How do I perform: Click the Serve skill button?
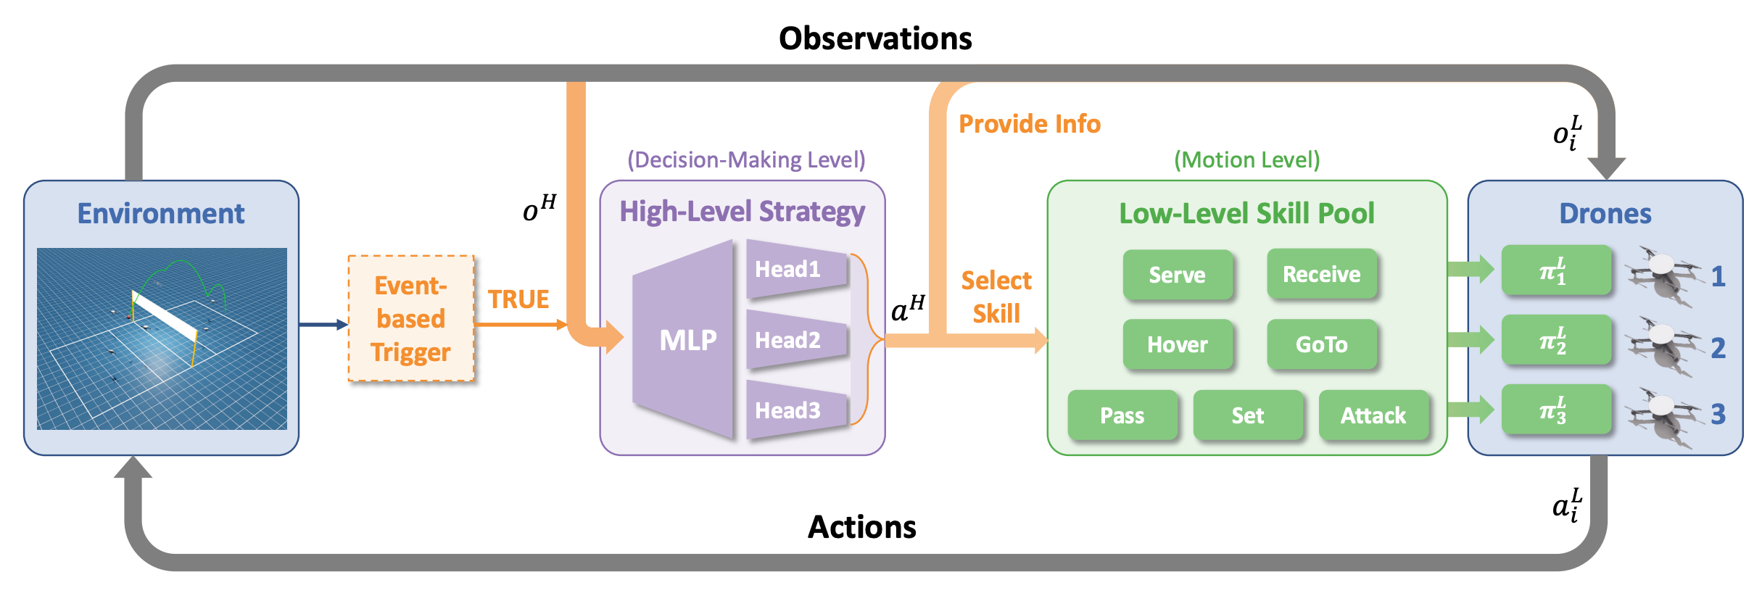pos(1177,275)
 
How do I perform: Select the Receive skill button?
pos(1321,274)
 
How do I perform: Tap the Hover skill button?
pos(1177,344)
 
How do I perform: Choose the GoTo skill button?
pos(1321,344)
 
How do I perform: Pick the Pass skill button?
pos(1122,415)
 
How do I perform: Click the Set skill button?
pos(1247,415)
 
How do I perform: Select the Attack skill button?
pos(1373,415)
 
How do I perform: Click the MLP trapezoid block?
pos(685,340)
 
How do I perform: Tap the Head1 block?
pos(794,270)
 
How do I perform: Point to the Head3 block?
pos(794,410)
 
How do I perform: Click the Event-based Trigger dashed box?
pos(411,319)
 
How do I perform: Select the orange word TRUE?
pos(518,299)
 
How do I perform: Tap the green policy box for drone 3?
pos(1555,411)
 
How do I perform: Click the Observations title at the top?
pos(875,38)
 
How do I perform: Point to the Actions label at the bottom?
pos(861,527)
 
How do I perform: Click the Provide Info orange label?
pos(1029,124)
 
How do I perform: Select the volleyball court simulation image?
pos(162,339)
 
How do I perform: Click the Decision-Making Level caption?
pos(746,159)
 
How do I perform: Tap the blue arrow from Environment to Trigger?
pos(323,325)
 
